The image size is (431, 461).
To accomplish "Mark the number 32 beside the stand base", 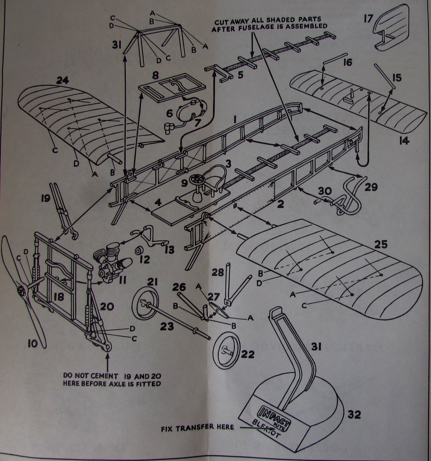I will (354, 414).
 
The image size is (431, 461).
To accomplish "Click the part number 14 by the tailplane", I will (404, 140).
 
